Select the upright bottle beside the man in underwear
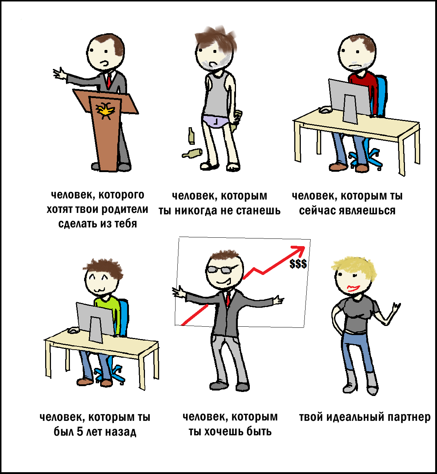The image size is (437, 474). click(x=191, y=136)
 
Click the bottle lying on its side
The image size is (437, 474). click(x=192, y=153)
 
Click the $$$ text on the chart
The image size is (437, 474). click(x=298, y=264)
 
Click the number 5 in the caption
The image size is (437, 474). click(x=80, y=432)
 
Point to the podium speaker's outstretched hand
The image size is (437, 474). click(x=59, y=73)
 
